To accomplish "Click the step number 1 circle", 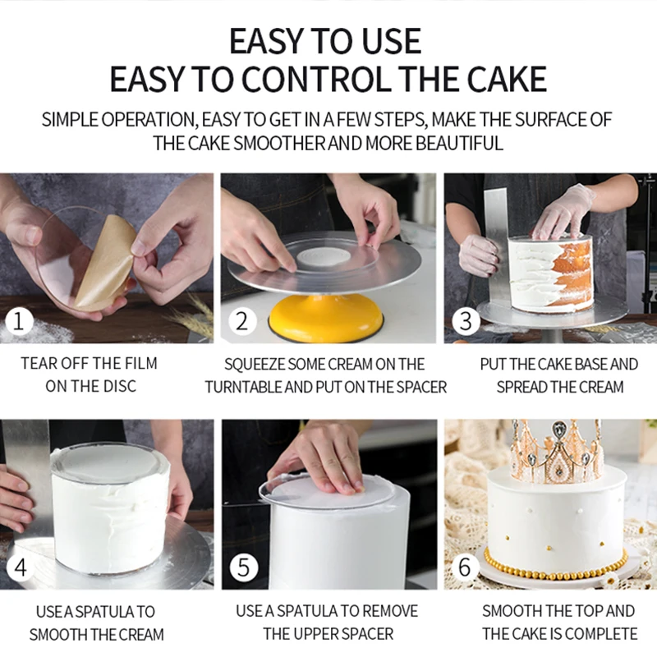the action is tap(18, 322).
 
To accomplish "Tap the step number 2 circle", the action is tap(241, 322).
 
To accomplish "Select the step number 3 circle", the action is tap(466, 322).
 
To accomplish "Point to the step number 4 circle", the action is tap(20, 567).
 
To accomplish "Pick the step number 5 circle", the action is tap(243, 567).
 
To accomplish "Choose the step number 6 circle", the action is tap(465, 567).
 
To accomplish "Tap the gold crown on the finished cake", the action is tap(556, 452).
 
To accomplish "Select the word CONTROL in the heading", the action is tap(316, 79).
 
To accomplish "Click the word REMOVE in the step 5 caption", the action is tap(390, 611).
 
